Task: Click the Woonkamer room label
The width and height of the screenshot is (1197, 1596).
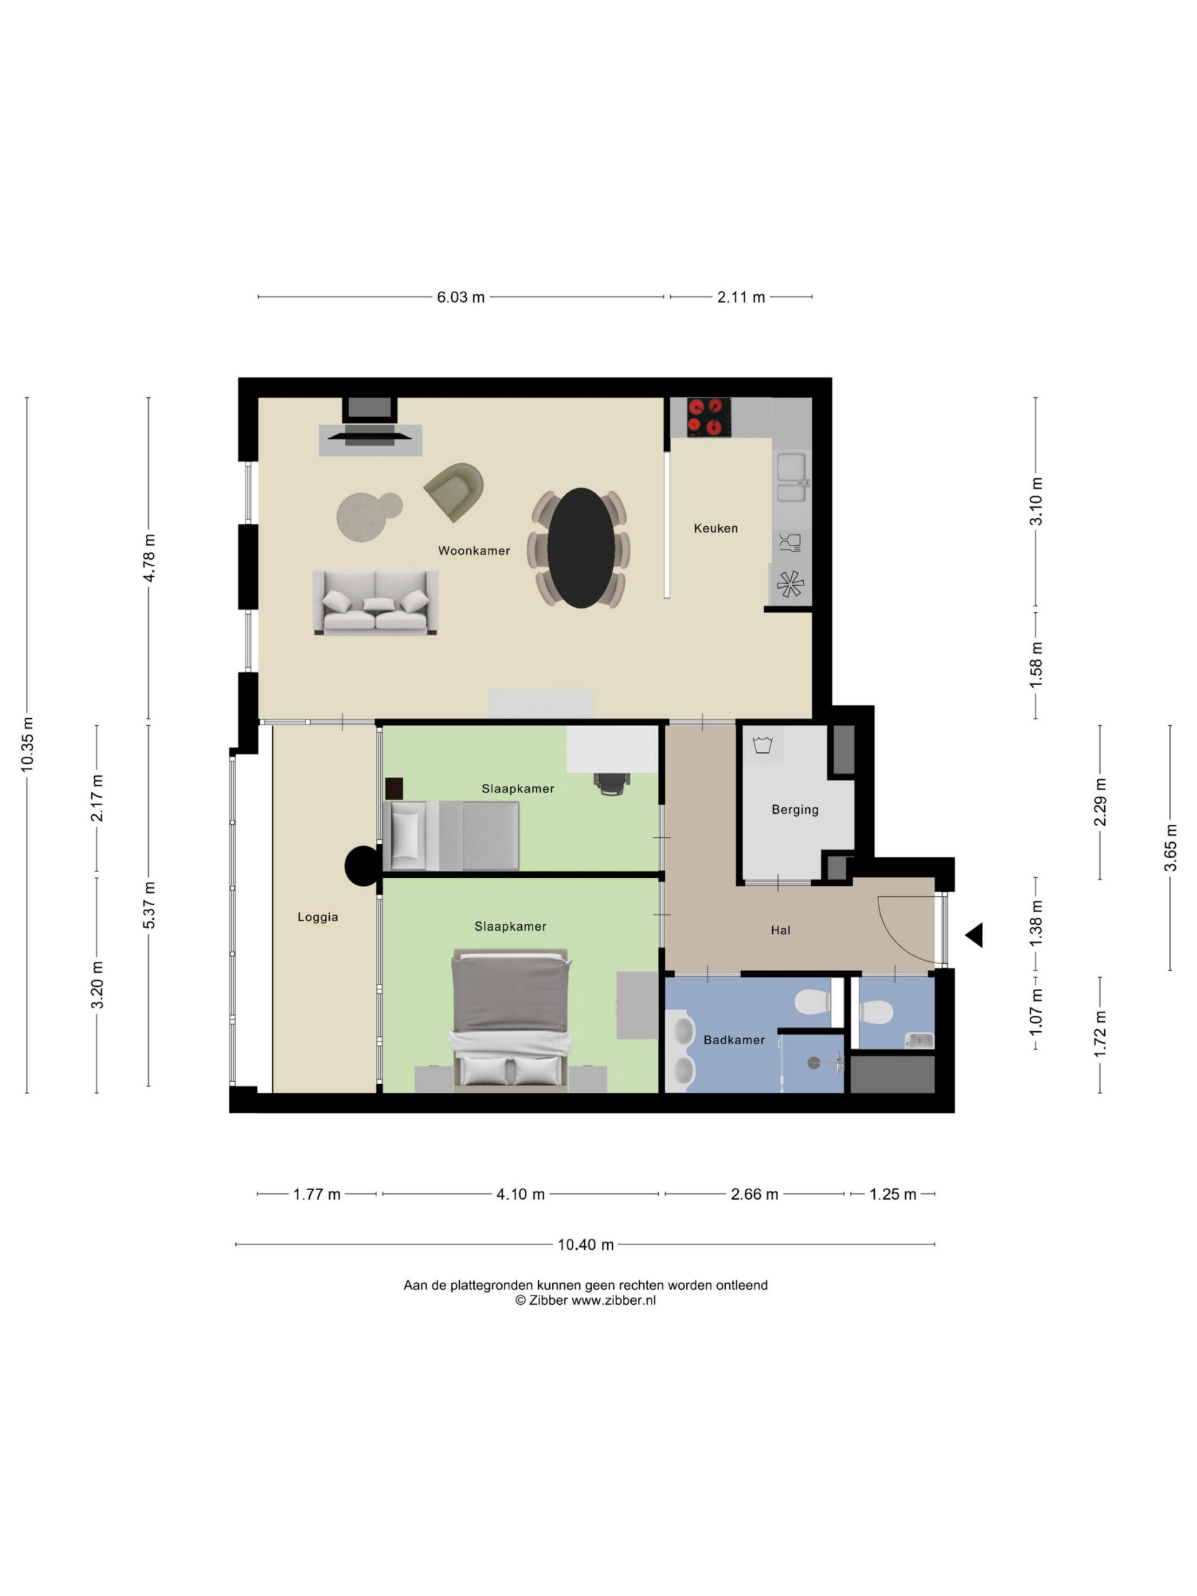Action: click(474, 550)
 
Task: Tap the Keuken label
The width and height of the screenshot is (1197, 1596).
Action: click(716, 528)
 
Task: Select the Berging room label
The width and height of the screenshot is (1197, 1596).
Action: click(795, 810)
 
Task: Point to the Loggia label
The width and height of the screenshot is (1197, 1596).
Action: click(317, 917)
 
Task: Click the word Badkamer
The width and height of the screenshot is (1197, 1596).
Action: click(734, 1040)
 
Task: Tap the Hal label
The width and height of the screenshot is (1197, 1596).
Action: click(781, 930)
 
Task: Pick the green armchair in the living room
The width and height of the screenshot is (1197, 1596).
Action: click(454, 491)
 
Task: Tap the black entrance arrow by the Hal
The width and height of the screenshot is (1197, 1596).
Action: click(974, 935)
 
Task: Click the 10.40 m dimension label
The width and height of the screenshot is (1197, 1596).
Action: click(585, 1244)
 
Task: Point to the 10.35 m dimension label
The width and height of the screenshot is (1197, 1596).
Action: click(27, 744)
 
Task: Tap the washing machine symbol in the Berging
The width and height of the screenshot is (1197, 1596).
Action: click(762, 744)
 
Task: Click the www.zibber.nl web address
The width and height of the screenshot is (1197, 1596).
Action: click(614, 1300)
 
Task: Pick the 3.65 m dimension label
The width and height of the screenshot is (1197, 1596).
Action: click(1170, 847)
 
